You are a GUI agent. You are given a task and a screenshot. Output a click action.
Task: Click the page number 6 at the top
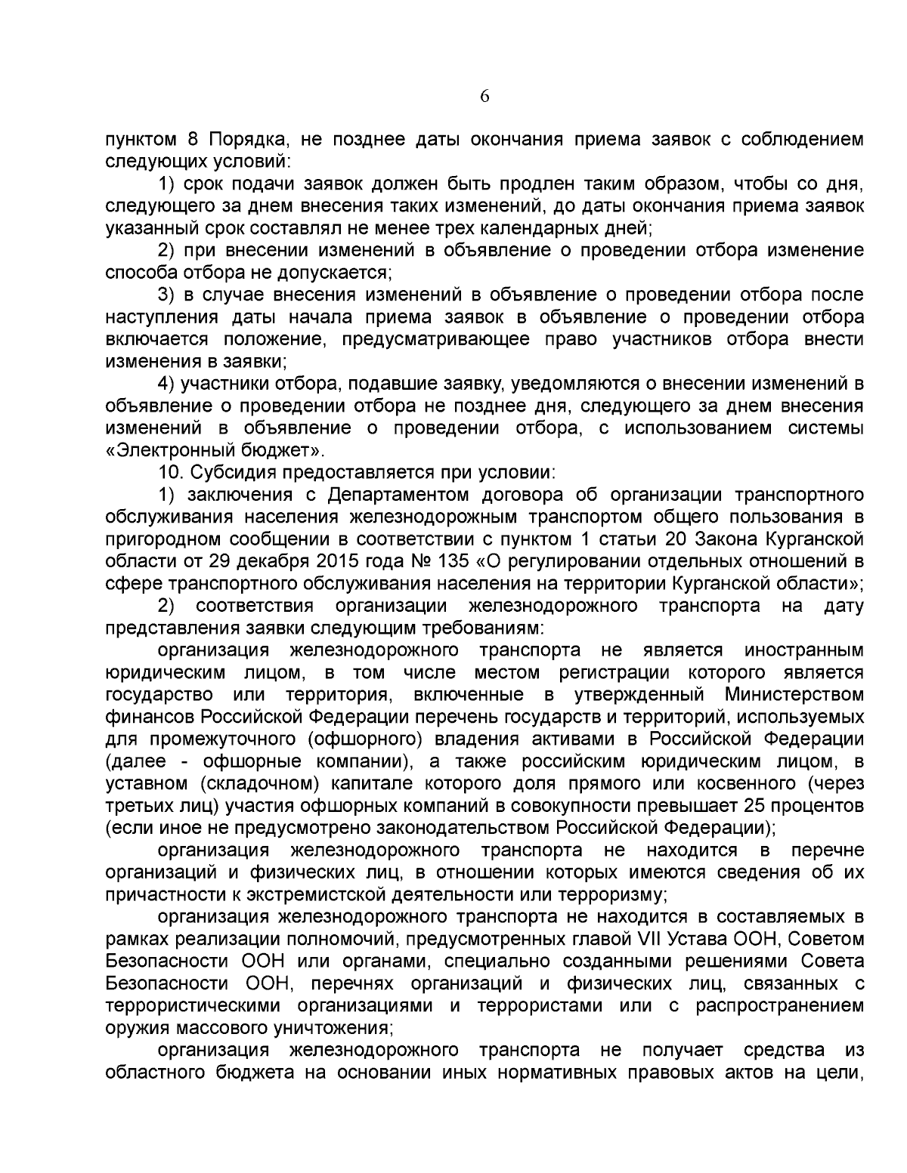(484, 97)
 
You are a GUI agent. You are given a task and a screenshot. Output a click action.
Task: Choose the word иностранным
(804, 650)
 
